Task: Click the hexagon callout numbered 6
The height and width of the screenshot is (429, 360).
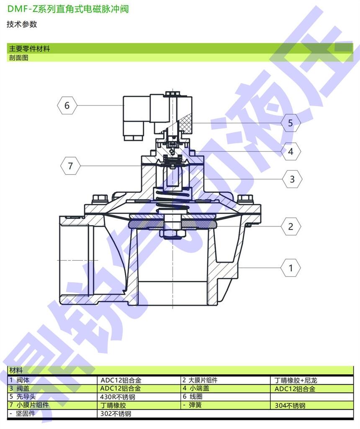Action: pyautogui.click(x=67, y=105)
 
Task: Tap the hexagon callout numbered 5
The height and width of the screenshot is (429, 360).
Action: pyautogui.click(x=291, y=123)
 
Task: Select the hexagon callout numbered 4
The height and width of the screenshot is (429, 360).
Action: pyautogui.click(x=291, y=151)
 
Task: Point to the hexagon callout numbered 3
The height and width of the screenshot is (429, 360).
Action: pyautogui.click(x=292, y=179)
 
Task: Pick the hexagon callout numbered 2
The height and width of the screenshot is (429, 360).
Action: pyautogui.click(x=291, y=226)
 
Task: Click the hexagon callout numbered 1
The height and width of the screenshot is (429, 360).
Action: pyautogui.click(x=291, y=268)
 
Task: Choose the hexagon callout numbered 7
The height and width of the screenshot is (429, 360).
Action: pyautogui.click(x=70, y=166)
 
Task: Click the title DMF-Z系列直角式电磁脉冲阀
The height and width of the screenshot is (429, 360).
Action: pyautogui.click(x=68, y=9)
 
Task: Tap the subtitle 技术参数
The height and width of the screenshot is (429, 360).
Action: pyautogui.click(x=22, y=24)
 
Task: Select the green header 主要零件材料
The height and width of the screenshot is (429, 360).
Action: pyautogui.click(x=30, y=49)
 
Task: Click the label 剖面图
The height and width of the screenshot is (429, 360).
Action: pyautogui.click(x=18, y=58)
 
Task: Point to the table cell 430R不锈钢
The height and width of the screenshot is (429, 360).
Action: pyautogui.click(x=118, y=397)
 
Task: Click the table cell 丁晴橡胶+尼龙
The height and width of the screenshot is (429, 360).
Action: pyautogui.click(x=296, y=380)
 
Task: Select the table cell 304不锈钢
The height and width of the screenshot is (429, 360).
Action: pyautogui.click(x=290, y=406)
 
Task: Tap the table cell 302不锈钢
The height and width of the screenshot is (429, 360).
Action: pyautogui.click(x=116, y=414)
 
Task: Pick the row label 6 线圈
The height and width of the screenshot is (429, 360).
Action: pyautogui.click(x=193, y=396)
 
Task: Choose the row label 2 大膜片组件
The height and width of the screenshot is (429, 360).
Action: pyautogui.click(x=200, y=380)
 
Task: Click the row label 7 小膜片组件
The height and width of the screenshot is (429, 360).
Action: pyautogui.click(x=29, y=405)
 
